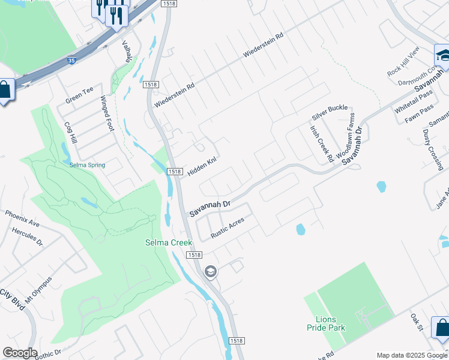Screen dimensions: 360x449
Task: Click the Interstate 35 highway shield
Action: (71, 60)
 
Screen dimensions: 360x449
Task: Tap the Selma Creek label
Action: (168, 242)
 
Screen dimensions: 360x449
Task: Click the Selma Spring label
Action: (87, 165)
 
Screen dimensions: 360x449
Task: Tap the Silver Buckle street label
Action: (330, 111)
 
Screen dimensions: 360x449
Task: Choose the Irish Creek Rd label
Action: (321, 145)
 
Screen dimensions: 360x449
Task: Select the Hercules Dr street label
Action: (31, 236)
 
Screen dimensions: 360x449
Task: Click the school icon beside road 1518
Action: (210, 272)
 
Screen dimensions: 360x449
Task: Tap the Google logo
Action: (20, 353)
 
